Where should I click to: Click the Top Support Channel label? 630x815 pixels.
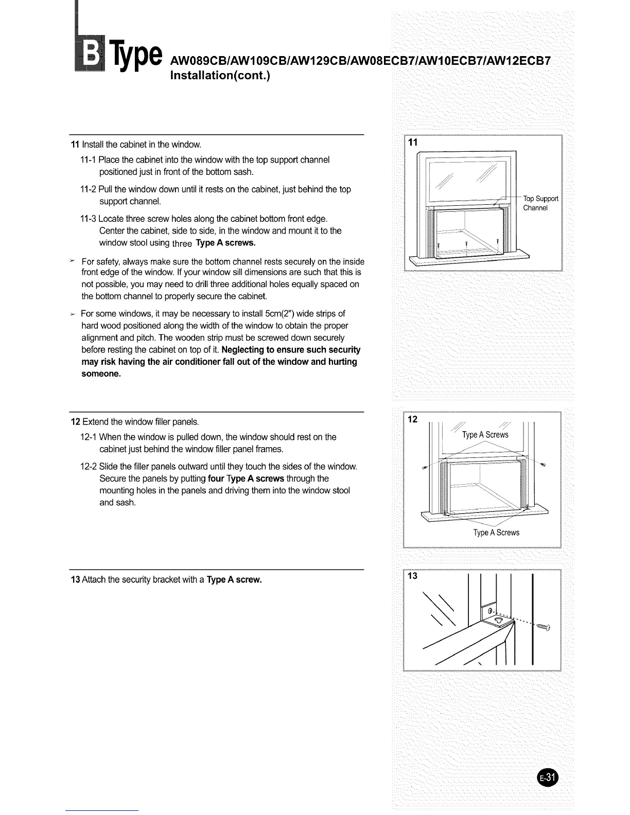pos(540,203)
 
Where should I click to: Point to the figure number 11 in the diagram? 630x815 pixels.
pos(413,143)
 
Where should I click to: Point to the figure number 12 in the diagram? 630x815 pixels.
pos(413,419)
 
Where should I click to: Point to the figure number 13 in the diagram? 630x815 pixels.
pos(413,576)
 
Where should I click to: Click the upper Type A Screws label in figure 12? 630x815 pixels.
pos(485,435)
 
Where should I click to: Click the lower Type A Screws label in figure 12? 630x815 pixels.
pos(496,533)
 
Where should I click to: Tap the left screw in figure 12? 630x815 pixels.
pos(425,467)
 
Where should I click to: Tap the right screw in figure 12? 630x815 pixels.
pos(544,465)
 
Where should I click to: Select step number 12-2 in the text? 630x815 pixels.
pos(89,467)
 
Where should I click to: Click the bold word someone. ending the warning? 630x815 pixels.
pos(101,374)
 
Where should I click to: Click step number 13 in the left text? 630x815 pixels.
pos(75,580)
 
